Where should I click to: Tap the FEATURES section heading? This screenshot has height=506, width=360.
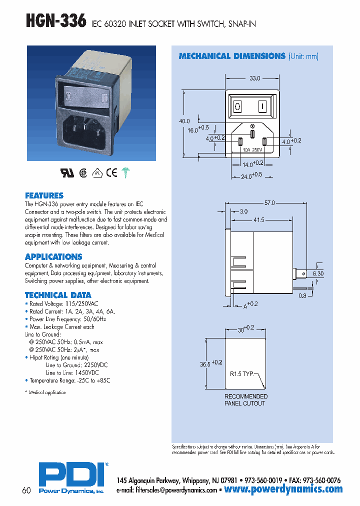click(44, 195)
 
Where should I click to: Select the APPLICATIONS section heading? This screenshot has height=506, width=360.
click(53, 257)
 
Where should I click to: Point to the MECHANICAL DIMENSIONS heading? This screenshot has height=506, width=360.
click(232, 56)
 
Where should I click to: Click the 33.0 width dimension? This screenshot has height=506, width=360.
click(255, 78)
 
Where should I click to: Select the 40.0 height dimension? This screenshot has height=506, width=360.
click(184, 121)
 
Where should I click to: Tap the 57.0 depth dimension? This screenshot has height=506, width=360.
click(269, 203)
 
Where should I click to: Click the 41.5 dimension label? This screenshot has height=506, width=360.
click(258, 219)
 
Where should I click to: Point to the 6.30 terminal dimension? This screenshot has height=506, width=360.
click(318, 274)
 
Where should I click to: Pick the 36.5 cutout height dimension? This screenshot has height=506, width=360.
click(205, 364)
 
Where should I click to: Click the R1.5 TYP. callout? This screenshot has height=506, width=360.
click(242, 373)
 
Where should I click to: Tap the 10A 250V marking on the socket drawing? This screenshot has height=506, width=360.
click(252, 149)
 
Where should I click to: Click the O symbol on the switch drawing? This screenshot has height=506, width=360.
click(238, 106)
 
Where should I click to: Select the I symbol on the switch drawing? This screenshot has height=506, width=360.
click(261, 106)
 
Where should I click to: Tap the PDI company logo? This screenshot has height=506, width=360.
click(71, 473)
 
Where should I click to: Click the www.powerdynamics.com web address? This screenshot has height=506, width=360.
click(283, 489)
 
